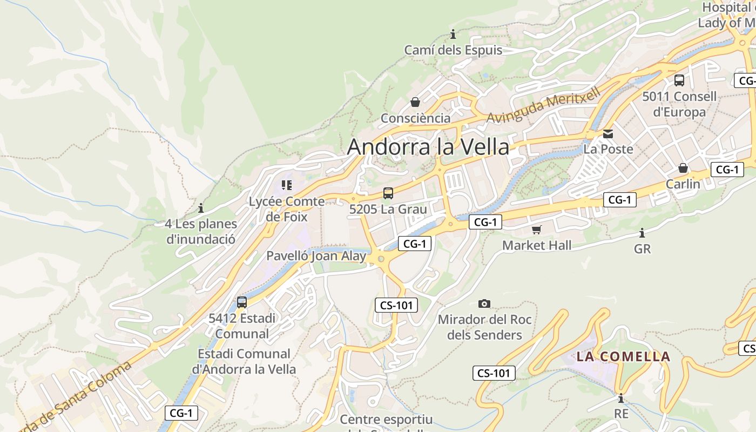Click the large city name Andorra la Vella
pyautogui.click(x=428, y=147)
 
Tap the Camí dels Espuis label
pyautogui.click(x=453, y=50)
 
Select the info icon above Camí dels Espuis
pyautogui.click(x=453, y=35)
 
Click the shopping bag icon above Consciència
pyautogui.click(x=415, y=102)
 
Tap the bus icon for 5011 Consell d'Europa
pyautogui.click(x=679, y=80)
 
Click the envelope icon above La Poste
pyautogui.click(x=608, y=133)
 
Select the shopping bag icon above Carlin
pyautogui.click(x=683, y=168)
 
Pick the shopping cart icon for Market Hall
pyautogui.click(x=536, y=230)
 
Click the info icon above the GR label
pyautogui.click(x=642, y=233)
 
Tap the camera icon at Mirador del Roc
pyautogui.click(x=484, y=304)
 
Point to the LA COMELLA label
pyautogui.click(x=623, y=357)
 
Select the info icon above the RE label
pyautogui.click(x=621, y=399)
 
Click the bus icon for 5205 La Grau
pyautogui.click(x=388, y=193)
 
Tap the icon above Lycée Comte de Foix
pyautogui.click(x=286, y=186)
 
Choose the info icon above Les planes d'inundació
pyautogui.click(x=201, y=208)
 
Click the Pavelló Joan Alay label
pyautogui.click(x=316, y=256)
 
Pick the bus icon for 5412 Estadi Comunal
pyautogui.click(x=242, y=302)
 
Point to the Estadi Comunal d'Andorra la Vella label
pyautogui.click(x=244, y=361)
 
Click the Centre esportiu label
pyautogui.click(x=386, y=420)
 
